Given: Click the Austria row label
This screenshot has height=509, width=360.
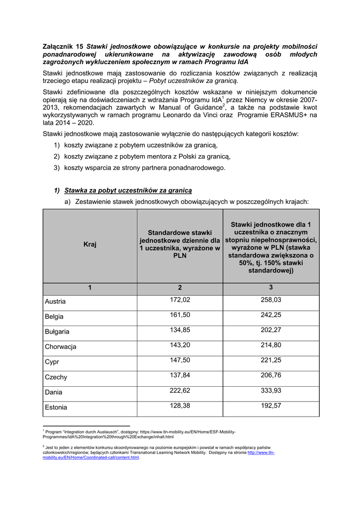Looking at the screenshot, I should point(55,302).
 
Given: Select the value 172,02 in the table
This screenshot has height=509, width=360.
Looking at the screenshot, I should point(180,300).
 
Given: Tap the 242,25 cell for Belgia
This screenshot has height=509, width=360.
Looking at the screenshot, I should point(271,315).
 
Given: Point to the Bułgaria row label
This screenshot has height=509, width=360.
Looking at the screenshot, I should point(57,332).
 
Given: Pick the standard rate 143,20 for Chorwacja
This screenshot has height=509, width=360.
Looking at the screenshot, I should point(180,345).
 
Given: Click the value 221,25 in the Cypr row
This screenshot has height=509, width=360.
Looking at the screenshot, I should point(271,360).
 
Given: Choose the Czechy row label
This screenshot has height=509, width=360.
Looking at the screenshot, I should point(56,377).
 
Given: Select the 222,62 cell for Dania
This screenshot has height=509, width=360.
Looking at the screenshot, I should point(180,390).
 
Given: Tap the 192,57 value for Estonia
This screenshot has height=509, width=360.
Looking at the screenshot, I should point(271,406).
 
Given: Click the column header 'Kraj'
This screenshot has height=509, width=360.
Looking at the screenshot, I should point(90,245).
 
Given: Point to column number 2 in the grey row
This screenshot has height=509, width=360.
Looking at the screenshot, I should point(180,288).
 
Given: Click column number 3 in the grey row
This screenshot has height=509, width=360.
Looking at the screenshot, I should point(271,288).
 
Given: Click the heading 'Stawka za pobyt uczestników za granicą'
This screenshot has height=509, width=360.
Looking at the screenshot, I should point(128,190).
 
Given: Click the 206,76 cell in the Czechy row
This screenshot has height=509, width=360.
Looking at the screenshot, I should point(271,375).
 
